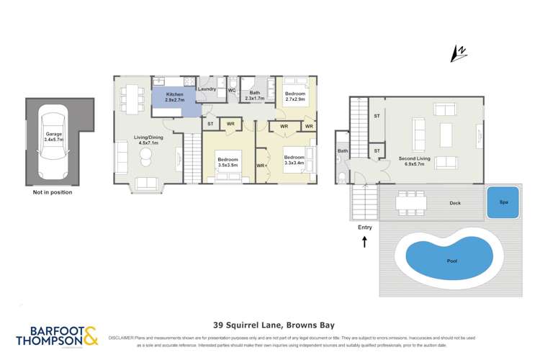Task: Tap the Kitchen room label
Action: point(175,97)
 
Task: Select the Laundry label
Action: point(207,89)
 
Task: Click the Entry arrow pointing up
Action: point(365,243)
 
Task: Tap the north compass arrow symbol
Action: point(454,53)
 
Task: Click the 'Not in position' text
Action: point(53,193)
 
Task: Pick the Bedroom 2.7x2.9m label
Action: point(295,97)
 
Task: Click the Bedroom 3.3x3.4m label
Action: point(294,161)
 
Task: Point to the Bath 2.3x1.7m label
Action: point(255,95)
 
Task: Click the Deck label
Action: point(455,203)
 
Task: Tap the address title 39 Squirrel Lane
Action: point(269,325)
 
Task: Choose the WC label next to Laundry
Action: point(232,90)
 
